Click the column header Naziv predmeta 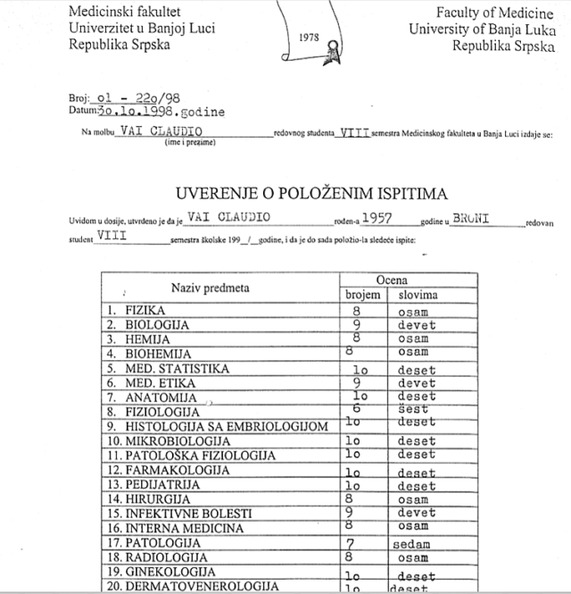pyautogui.click(x=211, y=288)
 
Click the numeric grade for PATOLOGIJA pyautogui.click(x=352, y=542)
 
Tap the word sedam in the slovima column pyautogui.click(x=411, y=543)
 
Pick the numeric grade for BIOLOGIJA pyautogui.click(x=355, y=324)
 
